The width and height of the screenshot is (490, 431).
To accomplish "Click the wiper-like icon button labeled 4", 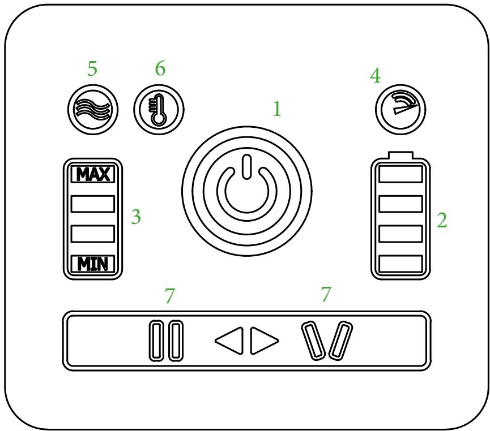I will point(400,106).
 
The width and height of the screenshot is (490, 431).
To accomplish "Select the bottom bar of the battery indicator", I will point(400,263).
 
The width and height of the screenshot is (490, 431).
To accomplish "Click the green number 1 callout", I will point(276,109).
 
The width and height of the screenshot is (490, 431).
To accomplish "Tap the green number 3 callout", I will point(135,217).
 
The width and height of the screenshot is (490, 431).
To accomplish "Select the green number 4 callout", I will point(375,76).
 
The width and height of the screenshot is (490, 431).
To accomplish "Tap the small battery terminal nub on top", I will point(400,156).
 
